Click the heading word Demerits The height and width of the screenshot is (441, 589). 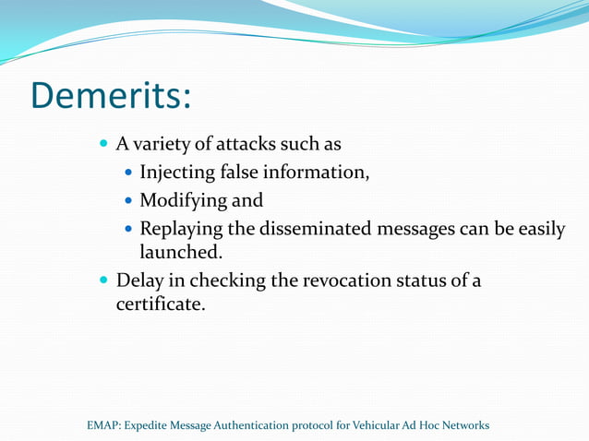coord(111,95)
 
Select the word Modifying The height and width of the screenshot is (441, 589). coord(181,199)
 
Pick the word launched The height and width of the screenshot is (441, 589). coord(180,251)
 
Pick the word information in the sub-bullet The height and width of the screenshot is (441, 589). coord(316,172)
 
